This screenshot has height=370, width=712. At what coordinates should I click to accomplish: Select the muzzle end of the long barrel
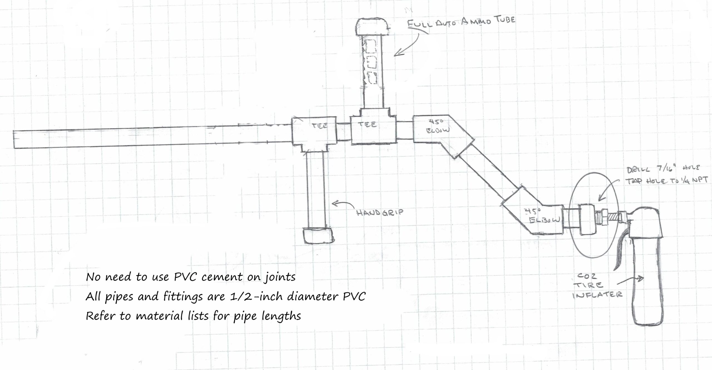17,140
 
